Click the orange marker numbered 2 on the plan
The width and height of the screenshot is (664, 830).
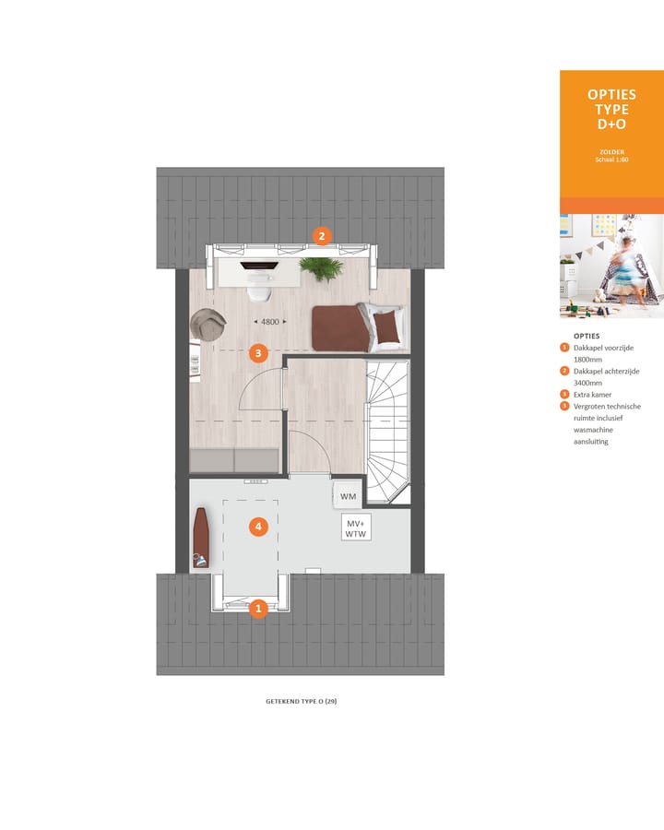tap(321, 235)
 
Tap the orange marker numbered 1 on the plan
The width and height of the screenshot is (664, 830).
tap(259, 608)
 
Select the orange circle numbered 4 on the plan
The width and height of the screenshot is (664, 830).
tap(259, 527)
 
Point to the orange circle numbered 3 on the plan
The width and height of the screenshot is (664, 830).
tap(259, 352)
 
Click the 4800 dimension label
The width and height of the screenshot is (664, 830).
tap(269, 322)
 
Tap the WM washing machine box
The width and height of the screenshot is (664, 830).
tap(348, 496)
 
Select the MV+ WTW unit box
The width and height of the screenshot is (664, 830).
tap(356, 528)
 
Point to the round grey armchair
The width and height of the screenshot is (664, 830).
tap(208, 325)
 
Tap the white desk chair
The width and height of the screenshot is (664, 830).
tap(259, 291)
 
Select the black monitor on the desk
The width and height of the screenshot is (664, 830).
tap(258, 266)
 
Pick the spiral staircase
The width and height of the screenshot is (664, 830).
tap(387, 428)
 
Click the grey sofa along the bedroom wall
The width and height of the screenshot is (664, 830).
tap(234, 459)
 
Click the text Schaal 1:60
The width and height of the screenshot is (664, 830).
tap(611, 160)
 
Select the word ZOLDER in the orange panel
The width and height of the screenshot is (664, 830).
tap(611, 151)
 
